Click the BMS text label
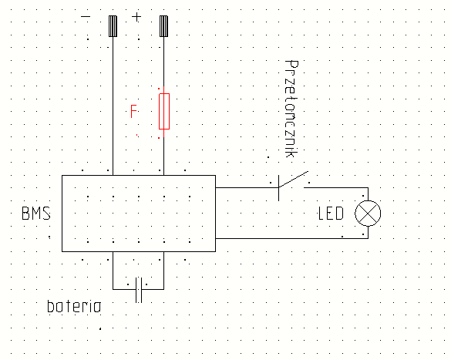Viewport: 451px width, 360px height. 36,214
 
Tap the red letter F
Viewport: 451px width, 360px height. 133,111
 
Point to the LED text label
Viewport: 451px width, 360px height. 331,214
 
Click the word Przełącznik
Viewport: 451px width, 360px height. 291,109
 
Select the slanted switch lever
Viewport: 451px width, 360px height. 294,180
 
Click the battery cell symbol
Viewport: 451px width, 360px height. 139,290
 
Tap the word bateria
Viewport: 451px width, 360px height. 74,306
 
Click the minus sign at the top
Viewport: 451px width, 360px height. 86,17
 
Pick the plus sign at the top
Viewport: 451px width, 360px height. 136,17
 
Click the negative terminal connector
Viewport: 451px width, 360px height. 113,26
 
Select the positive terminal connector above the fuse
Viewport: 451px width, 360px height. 164,26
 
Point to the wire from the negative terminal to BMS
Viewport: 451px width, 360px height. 113,106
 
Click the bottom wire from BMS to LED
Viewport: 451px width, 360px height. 292,238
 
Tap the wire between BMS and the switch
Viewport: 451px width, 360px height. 247,188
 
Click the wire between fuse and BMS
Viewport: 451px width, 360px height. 164,152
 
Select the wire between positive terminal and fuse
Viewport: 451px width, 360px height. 164,65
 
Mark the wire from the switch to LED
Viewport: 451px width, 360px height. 336,188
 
